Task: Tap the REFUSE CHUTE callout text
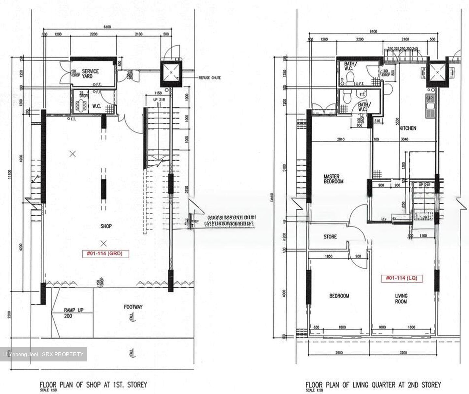pos(209,78)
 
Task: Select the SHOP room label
pos(106,226)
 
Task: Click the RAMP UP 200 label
pos(73,313)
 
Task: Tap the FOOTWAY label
pos(133,307)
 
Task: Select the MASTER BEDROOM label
pos(333,179)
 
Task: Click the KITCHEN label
pos(408,128)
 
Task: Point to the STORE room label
pos(330,237)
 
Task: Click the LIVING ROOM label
pos(401,299)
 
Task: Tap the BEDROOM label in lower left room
pos(339,296)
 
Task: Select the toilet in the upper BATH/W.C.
pos(350,78)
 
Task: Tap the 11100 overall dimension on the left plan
pos(12,176)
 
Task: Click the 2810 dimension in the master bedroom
pos(340,139)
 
